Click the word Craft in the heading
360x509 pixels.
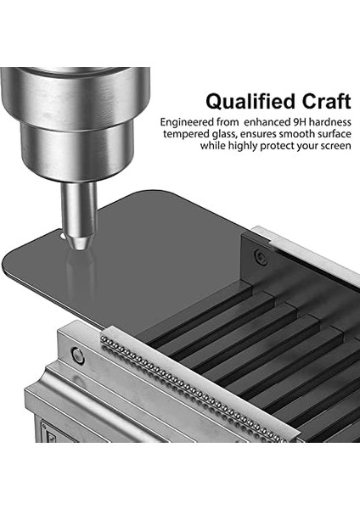click(x=327, y=101)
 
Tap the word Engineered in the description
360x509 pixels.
click(x=187, y=123)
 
